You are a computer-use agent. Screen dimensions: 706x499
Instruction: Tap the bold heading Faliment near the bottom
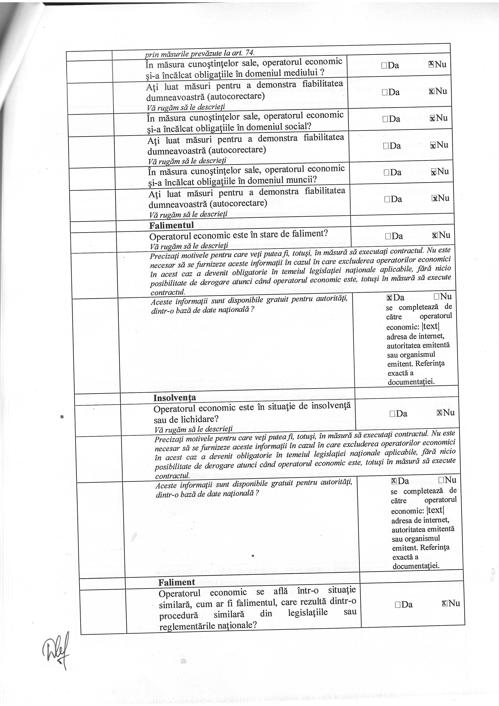pyautogui.click(x=177, y=582)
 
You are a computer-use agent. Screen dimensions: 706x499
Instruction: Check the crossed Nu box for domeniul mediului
pyautogui.click(x=431, y=64)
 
